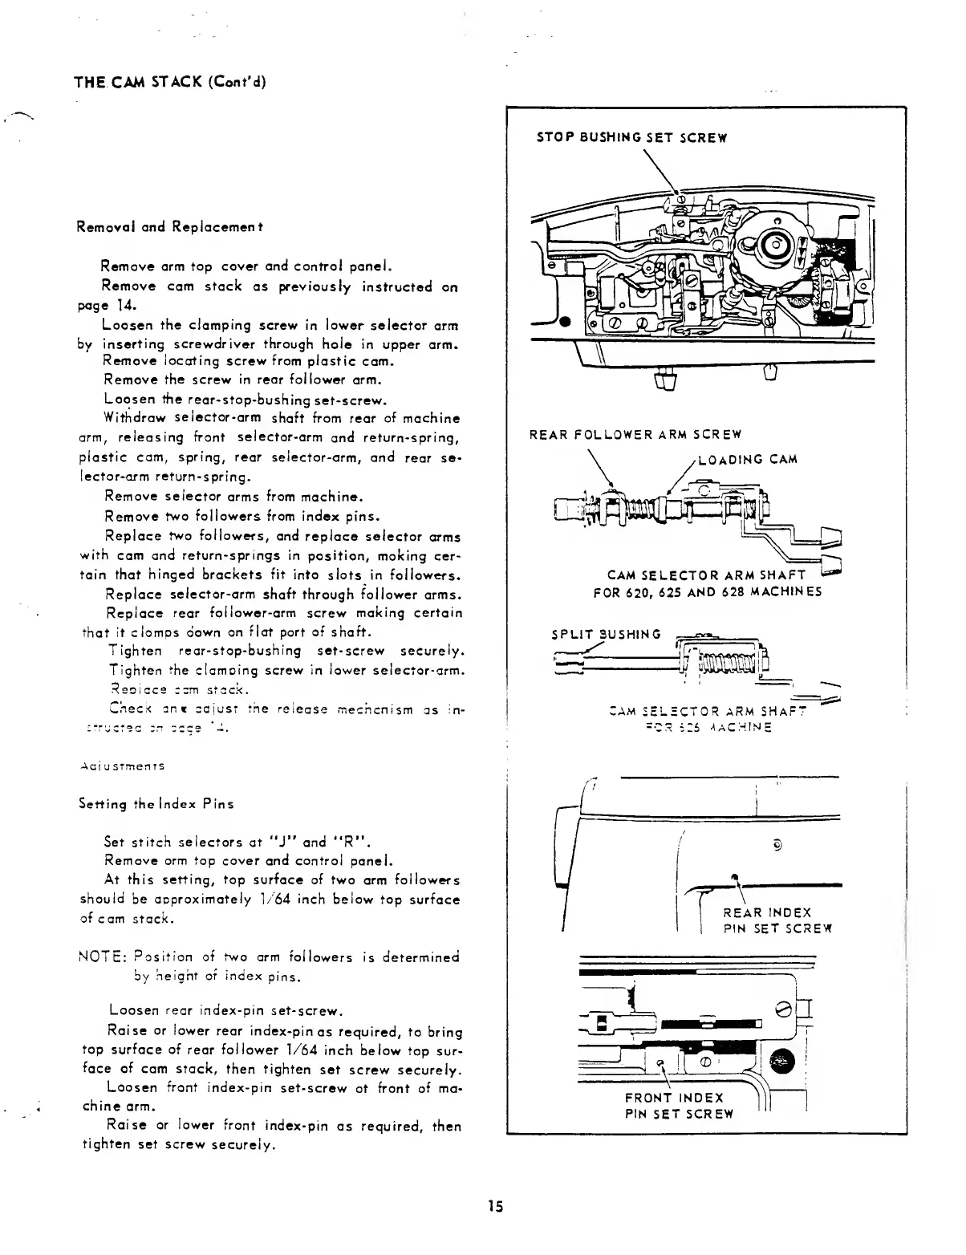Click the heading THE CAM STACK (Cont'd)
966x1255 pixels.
(169, 83)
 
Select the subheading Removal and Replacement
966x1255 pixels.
(171, 227)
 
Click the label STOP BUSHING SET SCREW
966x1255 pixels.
(631, 137)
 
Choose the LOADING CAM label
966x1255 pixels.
(748, 459)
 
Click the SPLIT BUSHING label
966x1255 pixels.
(606, 634)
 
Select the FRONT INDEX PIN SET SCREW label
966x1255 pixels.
(679, 1105)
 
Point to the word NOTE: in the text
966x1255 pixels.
(100, 957)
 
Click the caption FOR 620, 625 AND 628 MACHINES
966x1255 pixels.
(707, 593)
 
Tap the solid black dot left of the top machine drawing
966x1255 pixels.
(565, 323)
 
